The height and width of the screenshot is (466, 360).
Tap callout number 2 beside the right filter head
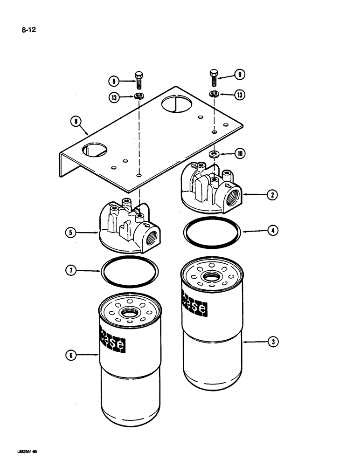[x=272, y=196]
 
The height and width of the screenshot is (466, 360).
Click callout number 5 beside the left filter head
[x=71, y=232]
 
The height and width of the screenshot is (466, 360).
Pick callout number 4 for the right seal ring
[x=272, y=230]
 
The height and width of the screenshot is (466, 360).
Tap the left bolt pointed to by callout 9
[x=139, y=80]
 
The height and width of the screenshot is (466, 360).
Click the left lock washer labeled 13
[x=139, y=96]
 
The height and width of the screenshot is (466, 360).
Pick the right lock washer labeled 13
[x=214, y=95]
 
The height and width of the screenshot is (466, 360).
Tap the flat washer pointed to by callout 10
[x=214, y=153]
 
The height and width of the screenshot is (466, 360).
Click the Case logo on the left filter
[x=112, y=338]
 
